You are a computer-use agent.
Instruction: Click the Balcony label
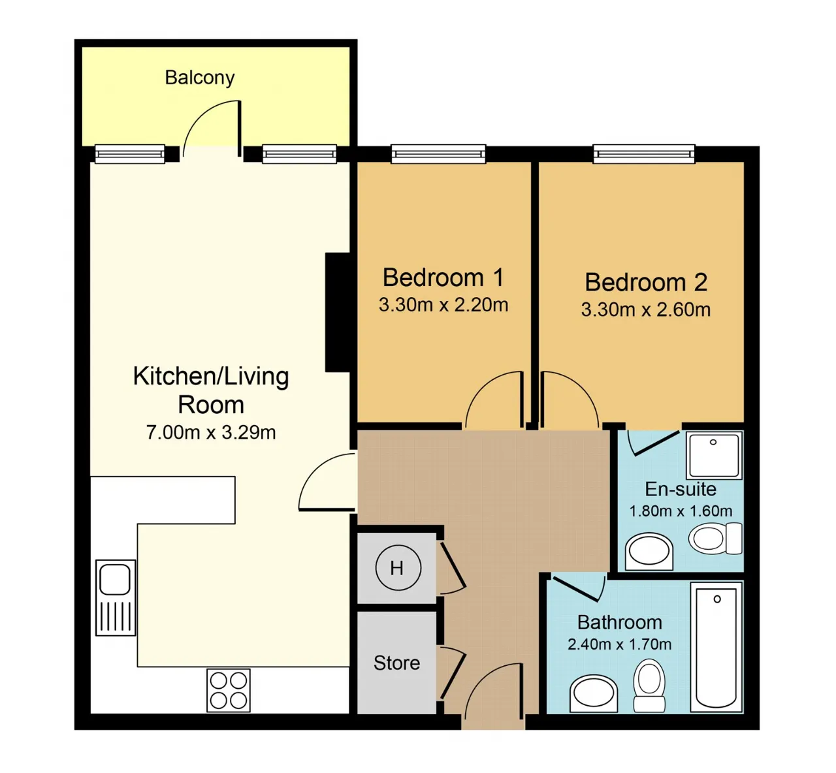click(199, 78)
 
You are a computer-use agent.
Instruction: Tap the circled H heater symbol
click(398, 567)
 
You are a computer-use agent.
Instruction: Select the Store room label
click(396, 663)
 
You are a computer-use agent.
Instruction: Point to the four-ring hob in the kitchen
click(228, 690)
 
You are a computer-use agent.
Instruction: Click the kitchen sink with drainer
click(116, 597)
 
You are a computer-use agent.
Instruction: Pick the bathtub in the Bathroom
click(716, 647)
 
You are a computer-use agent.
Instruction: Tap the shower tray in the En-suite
click(714, 456)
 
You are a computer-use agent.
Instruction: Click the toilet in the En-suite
click(715, 539)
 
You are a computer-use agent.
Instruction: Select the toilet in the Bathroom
click(649, 685)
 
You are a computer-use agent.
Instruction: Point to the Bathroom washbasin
click(594, 693)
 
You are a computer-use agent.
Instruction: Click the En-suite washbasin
click(649, 551)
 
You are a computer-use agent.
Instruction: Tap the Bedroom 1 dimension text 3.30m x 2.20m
click(443, 305)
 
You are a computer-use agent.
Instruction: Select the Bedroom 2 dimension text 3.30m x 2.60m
click(646, 309)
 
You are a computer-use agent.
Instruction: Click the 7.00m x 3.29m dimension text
click(211, 433)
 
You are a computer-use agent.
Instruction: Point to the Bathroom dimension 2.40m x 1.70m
click(619, 644)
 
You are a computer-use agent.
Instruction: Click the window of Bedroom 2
click(643, 154)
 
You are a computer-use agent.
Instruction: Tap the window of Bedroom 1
click(438, 154)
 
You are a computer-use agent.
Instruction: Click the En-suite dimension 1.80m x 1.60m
click(681, 511)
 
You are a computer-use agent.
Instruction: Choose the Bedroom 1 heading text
click(443, 277)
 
